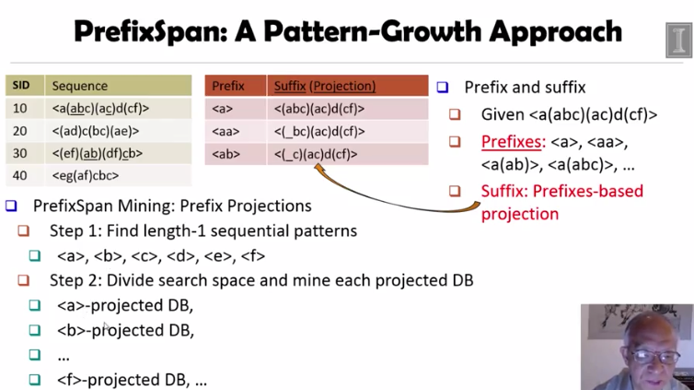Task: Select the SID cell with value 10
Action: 20,109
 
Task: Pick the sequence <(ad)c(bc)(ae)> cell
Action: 98,131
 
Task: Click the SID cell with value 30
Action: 20,153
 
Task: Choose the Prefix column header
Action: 228,86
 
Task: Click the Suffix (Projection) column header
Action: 325,86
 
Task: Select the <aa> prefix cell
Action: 224,131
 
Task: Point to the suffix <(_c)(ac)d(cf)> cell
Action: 316,154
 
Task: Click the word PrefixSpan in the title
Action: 151,32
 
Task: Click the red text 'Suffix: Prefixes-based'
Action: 561,192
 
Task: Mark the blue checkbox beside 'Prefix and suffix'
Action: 443,88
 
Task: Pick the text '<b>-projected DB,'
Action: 125,330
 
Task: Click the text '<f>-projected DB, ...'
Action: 132,378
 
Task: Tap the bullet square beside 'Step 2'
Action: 25,280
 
